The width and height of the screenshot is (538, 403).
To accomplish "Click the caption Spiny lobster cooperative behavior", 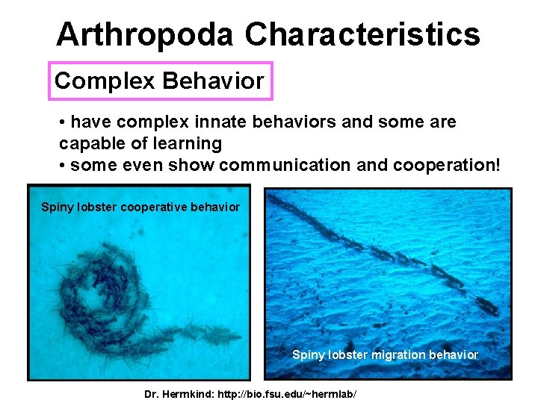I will (x=140, y=207).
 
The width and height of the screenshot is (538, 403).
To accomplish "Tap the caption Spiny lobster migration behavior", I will (x=385, y=354).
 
